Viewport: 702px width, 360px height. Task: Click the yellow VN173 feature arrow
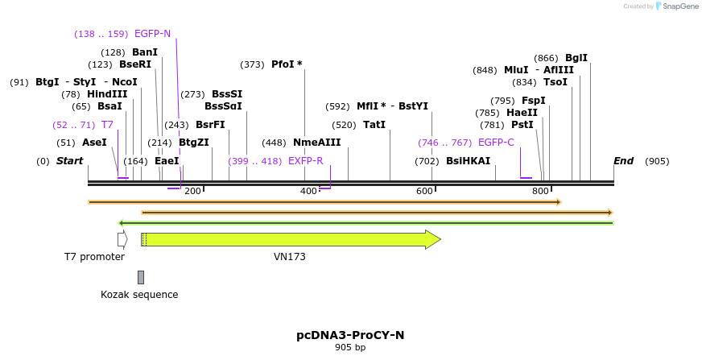290,239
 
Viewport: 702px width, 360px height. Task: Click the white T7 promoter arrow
122,239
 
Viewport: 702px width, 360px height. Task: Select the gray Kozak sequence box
141,277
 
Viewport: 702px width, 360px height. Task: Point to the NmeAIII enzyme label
317,143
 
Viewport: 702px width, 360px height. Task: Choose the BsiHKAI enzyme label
468,161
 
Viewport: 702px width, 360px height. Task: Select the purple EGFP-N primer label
152,34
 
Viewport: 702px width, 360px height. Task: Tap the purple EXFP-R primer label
305,161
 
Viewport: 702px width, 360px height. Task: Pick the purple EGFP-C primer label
496,143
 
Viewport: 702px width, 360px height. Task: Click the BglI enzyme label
576,58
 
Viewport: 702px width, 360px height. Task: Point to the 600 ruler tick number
424,191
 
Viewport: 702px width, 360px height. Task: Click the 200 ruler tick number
192,191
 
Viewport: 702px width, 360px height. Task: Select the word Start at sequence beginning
70,161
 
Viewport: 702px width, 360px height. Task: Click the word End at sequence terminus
623,161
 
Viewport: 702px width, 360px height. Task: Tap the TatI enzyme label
374,125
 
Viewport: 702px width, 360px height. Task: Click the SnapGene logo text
679,6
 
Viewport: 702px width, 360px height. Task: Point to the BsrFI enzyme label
210,125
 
